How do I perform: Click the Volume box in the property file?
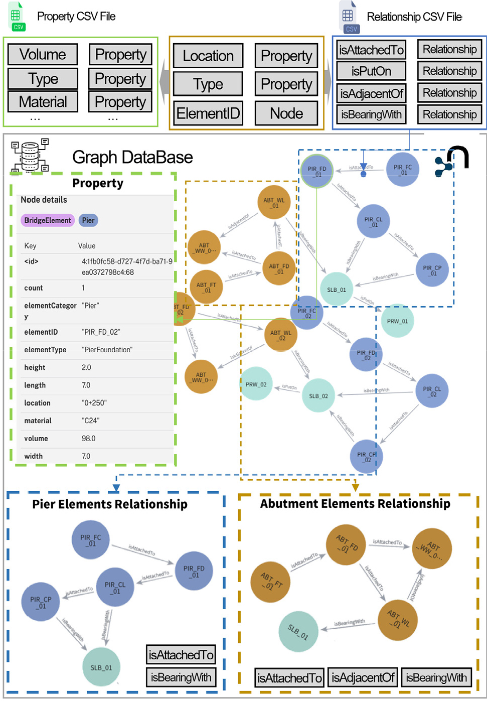(43, 54)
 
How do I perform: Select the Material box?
(43, 102)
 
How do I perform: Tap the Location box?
(208, 56)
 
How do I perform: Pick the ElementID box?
(208, 113)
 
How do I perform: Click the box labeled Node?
(286, 113)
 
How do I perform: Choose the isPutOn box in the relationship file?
(371, 71)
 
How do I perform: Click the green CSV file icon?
(16, 17)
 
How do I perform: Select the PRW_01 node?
(397, 321)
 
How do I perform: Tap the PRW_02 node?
(256, 384)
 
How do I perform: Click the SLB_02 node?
(318, 396)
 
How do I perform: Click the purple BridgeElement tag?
(48, 220)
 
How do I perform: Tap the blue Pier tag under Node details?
(88, 220)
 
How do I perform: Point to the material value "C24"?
(91, 420)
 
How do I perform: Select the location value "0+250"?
(94, 403)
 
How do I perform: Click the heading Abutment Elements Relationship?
(355, 504)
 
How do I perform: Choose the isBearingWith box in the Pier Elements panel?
(181, 677)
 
